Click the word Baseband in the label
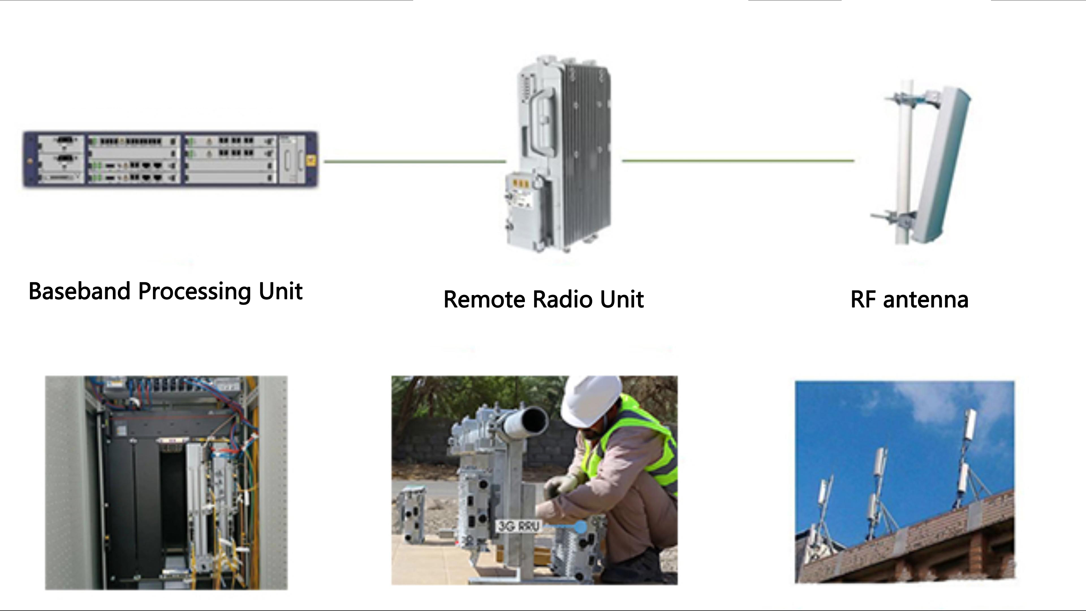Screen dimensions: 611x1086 79,291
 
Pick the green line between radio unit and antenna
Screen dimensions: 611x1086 738,160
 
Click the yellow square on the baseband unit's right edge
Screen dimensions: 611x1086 313,160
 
